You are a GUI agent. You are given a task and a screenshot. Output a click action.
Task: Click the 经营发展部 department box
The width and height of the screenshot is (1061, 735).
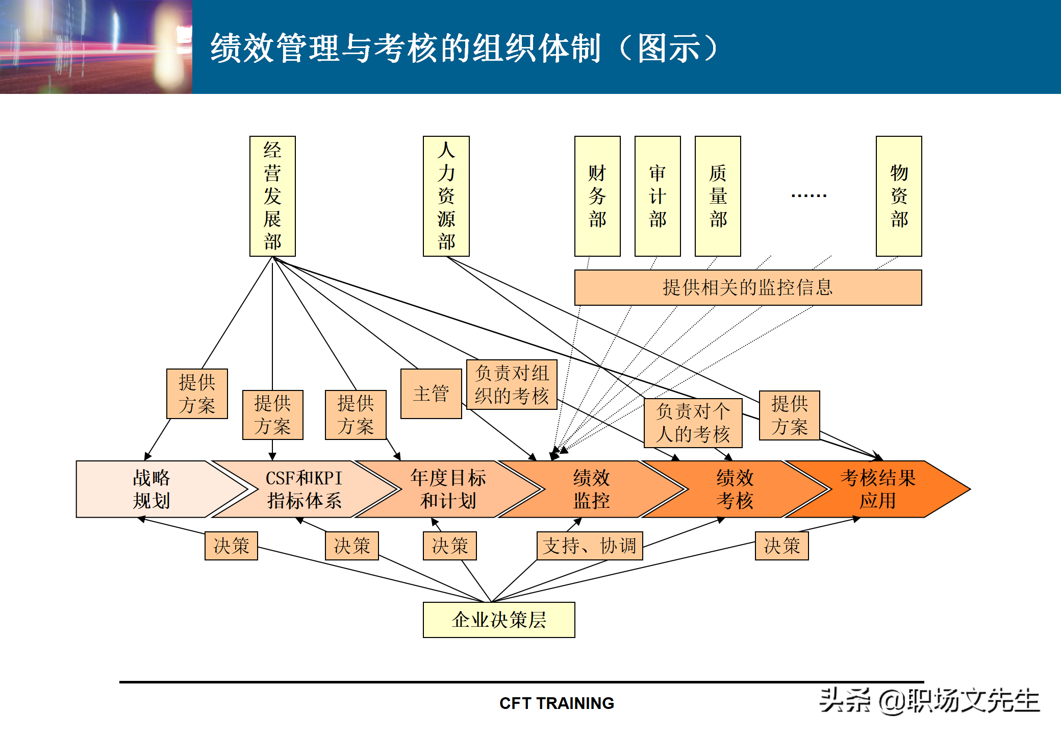272,196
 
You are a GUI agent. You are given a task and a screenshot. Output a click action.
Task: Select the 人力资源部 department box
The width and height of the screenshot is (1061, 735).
446,196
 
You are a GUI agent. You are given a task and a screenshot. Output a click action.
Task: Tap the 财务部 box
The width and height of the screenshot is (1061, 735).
597,196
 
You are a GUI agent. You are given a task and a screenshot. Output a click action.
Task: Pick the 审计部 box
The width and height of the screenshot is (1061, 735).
658,196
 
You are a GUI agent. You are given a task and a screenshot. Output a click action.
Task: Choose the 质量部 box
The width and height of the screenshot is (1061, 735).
718,196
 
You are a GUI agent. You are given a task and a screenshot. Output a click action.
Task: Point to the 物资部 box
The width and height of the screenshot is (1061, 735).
899,196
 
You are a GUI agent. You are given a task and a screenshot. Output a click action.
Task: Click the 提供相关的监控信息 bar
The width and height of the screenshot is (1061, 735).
748,287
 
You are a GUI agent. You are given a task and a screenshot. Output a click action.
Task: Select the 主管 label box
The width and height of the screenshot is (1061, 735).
431,394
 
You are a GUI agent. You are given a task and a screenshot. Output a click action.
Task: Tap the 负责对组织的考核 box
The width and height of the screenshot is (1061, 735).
512,384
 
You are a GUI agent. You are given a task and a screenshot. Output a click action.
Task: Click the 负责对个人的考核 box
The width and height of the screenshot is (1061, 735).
693,423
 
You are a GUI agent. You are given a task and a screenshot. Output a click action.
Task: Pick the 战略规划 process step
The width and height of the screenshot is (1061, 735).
151,489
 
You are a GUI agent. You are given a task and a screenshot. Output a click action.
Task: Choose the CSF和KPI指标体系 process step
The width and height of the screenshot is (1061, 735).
304,489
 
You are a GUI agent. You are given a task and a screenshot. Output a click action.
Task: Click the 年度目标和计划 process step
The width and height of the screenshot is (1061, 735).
448,489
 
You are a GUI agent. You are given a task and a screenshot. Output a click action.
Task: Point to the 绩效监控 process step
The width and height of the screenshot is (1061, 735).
591,489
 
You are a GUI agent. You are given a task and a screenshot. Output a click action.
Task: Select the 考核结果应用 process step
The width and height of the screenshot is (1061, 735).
877,489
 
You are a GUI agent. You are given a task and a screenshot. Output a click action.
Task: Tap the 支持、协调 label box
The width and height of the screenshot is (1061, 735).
590,546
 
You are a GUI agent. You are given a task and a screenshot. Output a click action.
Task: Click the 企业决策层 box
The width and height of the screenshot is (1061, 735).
499,620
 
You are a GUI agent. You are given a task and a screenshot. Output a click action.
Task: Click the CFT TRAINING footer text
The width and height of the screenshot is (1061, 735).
557,703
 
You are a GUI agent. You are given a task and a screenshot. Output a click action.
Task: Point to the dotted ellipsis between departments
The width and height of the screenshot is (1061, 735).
809,195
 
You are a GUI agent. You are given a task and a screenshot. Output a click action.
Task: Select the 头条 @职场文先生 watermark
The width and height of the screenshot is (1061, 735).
929,701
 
